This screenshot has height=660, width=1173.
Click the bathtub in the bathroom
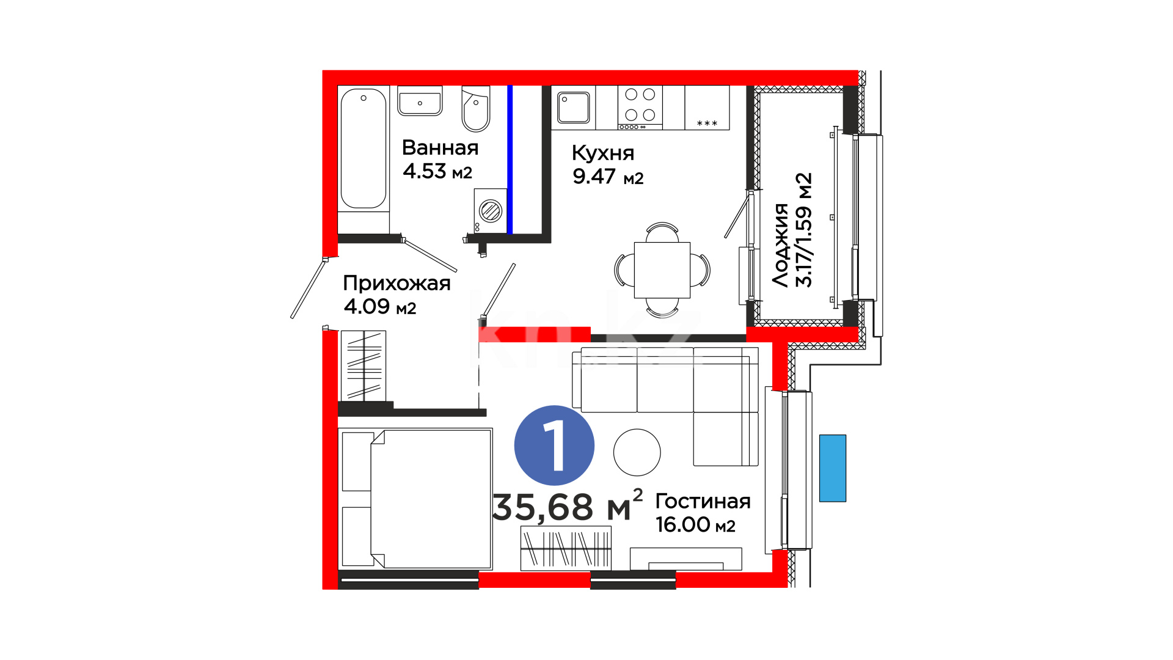click(364, 150)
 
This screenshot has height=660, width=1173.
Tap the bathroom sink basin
click(420, 101)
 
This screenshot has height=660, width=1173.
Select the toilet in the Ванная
click(476, 109)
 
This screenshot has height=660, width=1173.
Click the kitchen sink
click(574, 108)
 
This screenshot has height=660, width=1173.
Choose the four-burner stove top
click(640, 108)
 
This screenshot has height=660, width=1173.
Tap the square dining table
click(662, 270)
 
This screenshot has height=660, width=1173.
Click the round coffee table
click(637, 452)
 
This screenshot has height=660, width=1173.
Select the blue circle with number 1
click(554, 446)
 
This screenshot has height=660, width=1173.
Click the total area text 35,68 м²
click(567, 506)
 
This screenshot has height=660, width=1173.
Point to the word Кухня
click(603, 153)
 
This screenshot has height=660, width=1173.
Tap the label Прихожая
click(396, 283)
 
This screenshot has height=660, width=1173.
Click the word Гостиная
click(703, 501)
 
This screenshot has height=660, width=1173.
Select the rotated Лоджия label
click(780, 245)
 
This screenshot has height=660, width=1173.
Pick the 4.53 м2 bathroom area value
click(437, 171)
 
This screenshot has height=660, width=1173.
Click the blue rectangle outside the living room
click(833, 468)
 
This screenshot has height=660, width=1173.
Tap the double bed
click(415, 499)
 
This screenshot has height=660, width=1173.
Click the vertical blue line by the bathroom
click(510, 159)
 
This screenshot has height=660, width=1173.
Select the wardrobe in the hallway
click(364, 365)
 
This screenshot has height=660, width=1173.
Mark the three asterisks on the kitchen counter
click(707, 123)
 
